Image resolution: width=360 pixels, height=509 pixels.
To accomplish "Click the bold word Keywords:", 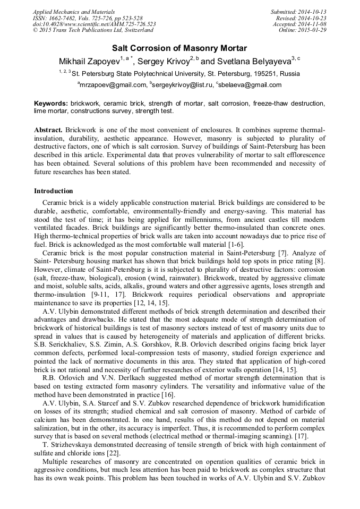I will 51,103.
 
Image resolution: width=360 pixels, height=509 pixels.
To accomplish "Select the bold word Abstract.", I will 48,130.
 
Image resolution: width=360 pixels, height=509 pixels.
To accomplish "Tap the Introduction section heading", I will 54,191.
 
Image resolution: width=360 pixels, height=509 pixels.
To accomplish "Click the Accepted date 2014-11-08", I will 311,24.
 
